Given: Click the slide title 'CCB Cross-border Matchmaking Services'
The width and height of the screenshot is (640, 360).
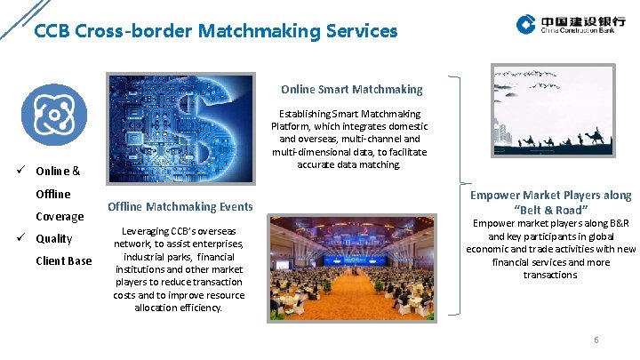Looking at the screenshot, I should (215, 31).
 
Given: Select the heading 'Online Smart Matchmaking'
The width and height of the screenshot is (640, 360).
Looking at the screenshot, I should (352, 89).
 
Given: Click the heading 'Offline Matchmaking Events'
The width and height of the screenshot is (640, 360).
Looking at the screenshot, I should (180, 207).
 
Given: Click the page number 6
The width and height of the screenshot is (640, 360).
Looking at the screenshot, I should (596, 340).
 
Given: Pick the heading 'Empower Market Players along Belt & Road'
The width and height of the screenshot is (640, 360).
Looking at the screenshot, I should (551, 203).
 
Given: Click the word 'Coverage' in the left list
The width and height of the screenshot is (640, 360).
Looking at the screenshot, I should (60, 217).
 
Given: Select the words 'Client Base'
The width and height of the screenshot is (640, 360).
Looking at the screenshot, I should (63, 261).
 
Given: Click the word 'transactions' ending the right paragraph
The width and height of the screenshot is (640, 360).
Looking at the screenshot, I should (550, 275).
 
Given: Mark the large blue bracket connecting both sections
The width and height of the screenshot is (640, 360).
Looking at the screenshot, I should (457, 196).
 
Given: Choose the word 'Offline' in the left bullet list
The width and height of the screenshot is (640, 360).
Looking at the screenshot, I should (53, 194).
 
